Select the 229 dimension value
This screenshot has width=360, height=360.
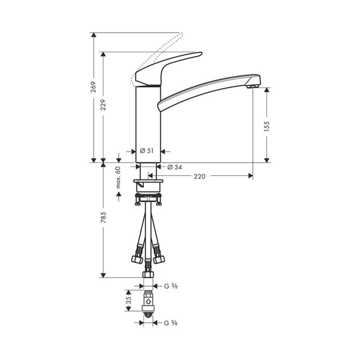pyautogui.click(x=103, y=105)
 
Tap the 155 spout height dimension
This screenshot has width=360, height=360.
pyautogui.click(x=266, y=126)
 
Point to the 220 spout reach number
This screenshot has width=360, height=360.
pyautogui.click(x=199, y=176)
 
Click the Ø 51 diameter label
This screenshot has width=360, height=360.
pyautogui.click(x=147, y=151)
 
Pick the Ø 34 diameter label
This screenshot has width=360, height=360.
pyautogui.click(x=175, y=167)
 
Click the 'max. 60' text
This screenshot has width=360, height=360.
pyautogui.click(x=118, y=177)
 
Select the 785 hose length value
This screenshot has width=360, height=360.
pyautogui.click(x=103, y=217)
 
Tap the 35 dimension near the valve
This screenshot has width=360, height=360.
pyautogui.click(x=129, y=300)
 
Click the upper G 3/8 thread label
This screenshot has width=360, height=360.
pyautogui.click(x=171, y=286)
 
